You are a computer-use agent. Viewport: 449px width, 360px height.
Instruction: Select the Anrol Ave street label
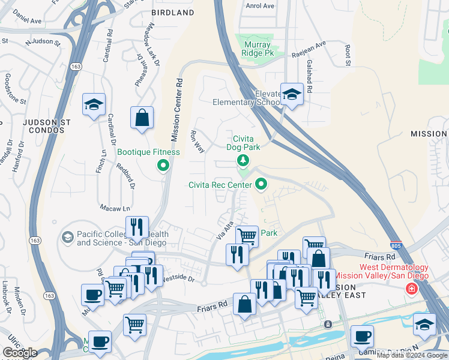(x=259, y=6)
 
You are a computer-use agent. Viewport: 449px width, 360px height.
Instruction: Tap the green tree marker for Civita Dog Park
(x=243, y=160)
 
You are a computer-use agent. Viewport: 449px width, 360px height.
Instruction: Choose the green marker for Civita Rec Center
(x=261, y=184)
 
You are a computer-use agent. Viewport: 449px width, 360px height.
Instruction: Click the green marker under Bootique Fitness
(x=162, y=166)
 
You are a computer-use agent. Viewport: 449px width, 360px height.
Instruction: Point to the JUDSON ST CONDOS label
(x=47, y=126)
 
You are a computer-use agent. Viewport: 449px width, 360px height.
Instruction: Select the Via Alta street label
(x=224, y=231)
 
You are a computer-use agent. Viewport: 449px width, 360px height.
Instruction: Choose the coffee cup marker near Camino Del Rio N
(x=362, y=336)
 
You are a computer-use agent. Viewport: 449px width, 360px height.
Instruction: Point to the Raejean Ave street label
(x=308, y=43)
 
